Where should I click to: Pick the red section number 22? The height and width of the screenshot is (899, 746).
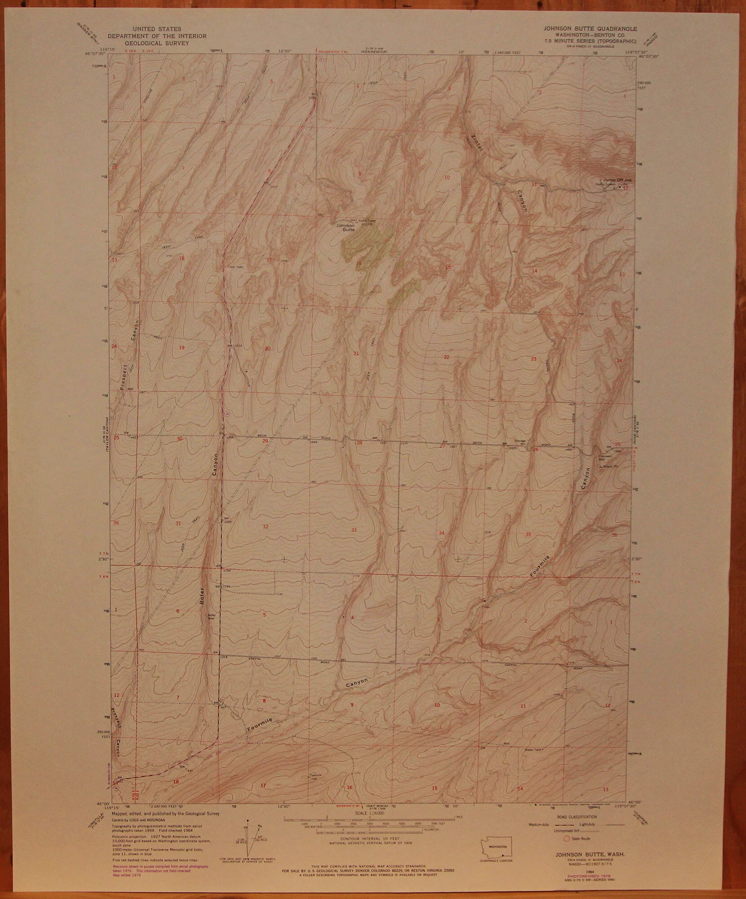pyautogui.click(x=446, y=357)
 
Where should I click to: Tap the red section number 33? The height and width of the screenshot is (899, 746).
pyautogui.click(x=354, y=530)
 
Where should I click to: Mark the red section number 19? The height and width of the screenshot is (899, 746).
pyautogui.click(x=181, y=347)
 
